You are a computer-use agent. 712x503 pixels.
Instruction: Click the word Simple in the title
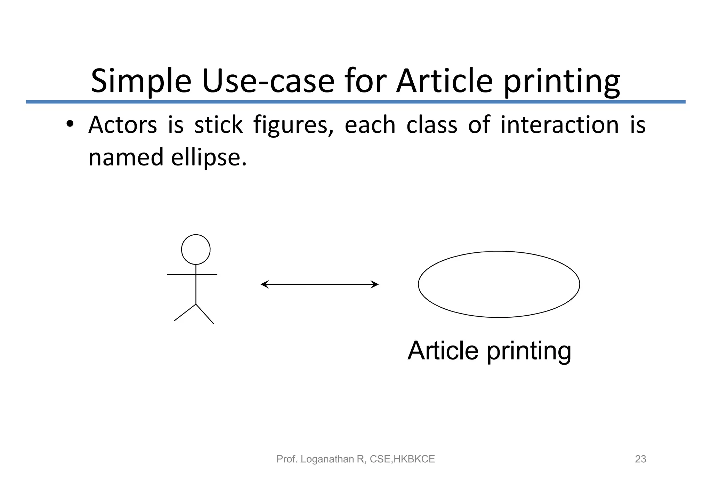pyautogui.click(x=141, y=82)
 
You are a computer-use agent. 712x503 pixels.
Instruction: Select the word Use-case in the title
pyautogui.click(x=268, y=82)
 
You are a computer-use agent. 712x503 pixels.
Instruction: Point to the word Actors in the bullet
pyautogui.click(x=122, y=125)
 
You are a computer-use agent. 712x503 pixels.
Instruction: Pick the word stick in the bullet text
pyautogui.click(x=218, y=125)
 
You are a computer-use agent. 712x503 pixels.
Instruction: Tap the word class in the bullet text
pyautogui.click(x=431, y=125)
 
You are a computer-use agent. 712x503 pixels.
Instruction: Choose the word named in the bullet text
pyautogui.click(x=126, y=157)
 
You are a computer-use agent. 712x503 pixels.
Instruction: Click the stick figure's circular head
pyautogui.click(x=196, y=250)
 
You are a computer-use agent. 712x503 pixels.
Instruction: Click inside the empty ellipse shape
pyautogui.click(x=499, y=284)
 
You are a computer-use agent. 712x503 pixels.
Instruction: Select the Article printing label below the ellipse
pyautogui.click(x=489, y=351)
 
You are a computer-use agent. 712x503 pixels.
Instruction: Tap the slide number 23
pyautogui.click(x=640, y=459)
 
